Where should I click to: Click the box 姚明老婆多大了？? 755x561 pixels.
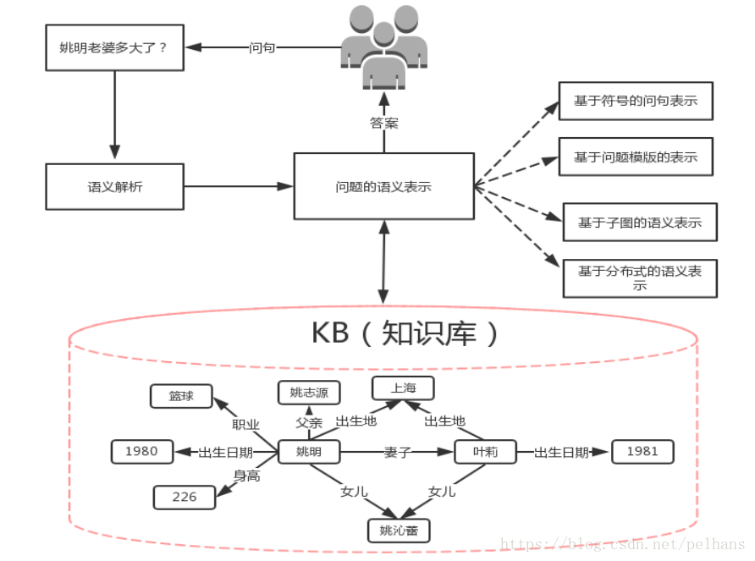pyautogui.click(x=114, y=47)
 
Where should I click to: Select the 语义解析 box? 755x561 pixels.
pyautogui.click(x=114, y=186)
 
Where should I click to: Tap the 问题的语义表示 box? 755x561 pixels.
pyautogui.click(x=383, y=186)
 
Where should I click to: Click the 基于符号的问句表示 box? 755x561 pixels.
pyautogui.click(x=636, y=101)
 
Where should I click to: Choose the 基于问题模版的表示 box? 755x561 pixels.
pyautogui.click(x=636, y=157)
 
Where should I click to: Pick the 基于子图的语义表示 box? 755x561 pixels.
pyautogui.click(x=640, y=222)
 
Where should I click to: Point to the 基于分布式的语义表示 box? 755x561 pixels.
pyautogui.click(x=640, y=278)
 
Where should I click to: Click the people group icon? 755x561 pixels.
pyautogui.click(x=383, y=47)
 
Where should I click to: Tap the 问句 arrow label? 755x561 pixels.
pyautogui.click(x=262, y=47)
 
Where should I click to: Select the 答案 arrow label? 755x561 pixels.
pyautogui.click(x=383, y=124)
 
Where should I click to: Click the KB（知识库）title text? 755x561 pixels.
pyautogui.click(x=405, y=333)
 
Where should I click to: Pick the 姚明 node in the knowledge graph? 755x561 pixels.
pyautogui.click(x=309, y=452)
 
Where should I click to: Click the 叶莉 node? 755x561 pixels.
pyautogui.click(x=485, y=452)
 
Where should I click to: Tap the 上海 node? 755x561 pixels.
pyautogui.click(x=403, y=388)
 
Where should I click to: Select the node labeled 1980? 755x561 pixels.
pyautogui.click(x=142, y=452)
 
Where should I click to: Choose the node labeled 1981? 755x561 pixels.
pyautogui.click(x=642, y=452)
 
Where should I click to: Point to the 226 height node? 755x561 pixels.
pyautogui.click(x=185, y=497)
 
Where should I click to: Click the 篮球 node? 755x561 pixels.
pyautogui.click(x=181, y=396)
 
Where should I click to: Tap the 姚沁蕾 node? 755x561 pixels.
pyautogui.click(x=399, y=531)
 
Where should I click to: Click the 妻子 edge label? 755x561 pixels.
pyautogui.click(x=397, y=452)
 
